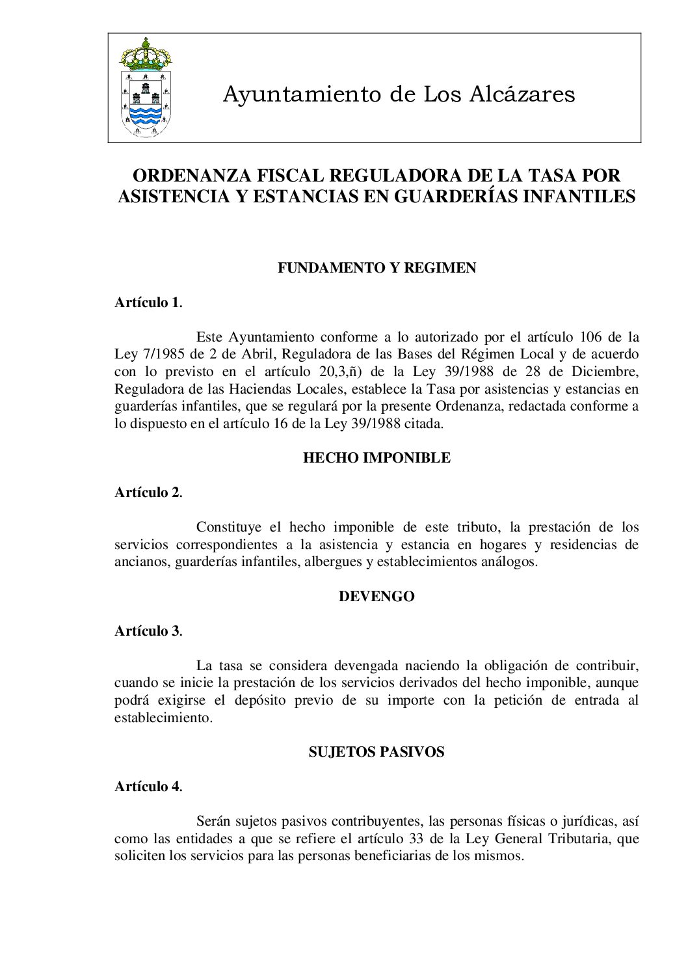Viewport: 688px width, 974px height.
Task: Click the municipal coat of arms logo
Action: [146, 87]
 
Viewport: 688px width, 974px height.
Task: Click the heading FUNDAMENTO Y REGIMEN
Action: [377, 268]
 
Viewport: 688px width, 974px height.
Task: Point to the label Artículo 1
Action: [148, 303]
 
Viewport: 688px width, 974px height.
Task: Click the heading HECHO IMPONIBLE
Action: [377, 458]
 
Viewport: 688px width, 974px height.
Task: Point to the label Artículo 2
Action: [148, 493]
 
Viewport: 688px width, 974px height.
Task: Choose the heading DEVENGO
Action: [377, 597]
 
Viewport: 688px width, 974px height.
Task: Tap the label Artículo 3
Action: [148, 631]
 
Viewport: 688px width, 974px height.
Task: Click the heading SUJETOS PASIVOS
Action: [377, 752]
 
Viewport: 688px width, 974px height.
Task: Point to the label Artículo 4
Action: [148, 787]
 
